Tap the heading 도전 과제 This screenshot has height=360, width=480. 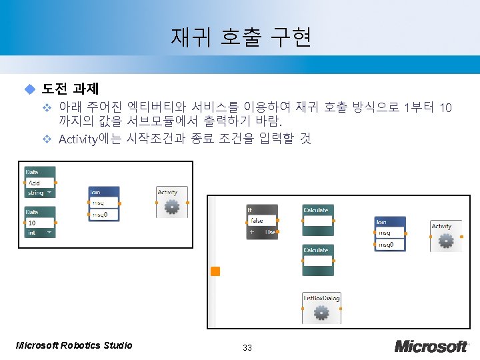pyautogui.click(x=71, y=89)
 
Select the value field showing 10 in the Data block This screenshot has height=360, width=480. pyautogui.click(x=40, y=223)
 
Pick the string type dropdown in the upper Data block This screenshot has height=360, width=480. pyautogui.click(x=40, y=193)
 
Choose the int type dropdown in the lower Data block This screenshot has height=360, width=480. pyautogui.click(x=40, y=233)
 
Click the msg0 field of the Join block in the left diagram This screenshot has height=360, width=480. pyautogui.click(x=104, y=214)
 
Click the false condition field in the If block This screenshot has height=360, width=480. pyautogui.click(x=262, y=221)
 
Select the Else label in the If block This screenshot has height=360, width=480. pyautogui.click(x=270, y=232)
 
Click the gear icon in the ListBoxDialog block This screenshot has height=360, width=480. pyautogui.click(x=321, y=312)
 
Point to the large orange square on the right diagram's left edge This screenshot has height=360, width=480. pyautogui.click(x=215, y=271)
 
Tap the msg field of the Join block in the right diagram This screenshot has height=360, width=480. pyautogui.click(x=390, y=233)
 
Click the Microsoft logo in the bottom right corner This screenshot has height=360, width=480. pyautogui.click(x=431, y=346)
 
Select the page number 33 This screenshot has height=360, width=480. pyautogui.click(x=247, y=347)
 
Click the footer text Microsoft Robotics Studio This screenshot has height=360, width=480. pyautogui.click(x=74, y=345)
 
